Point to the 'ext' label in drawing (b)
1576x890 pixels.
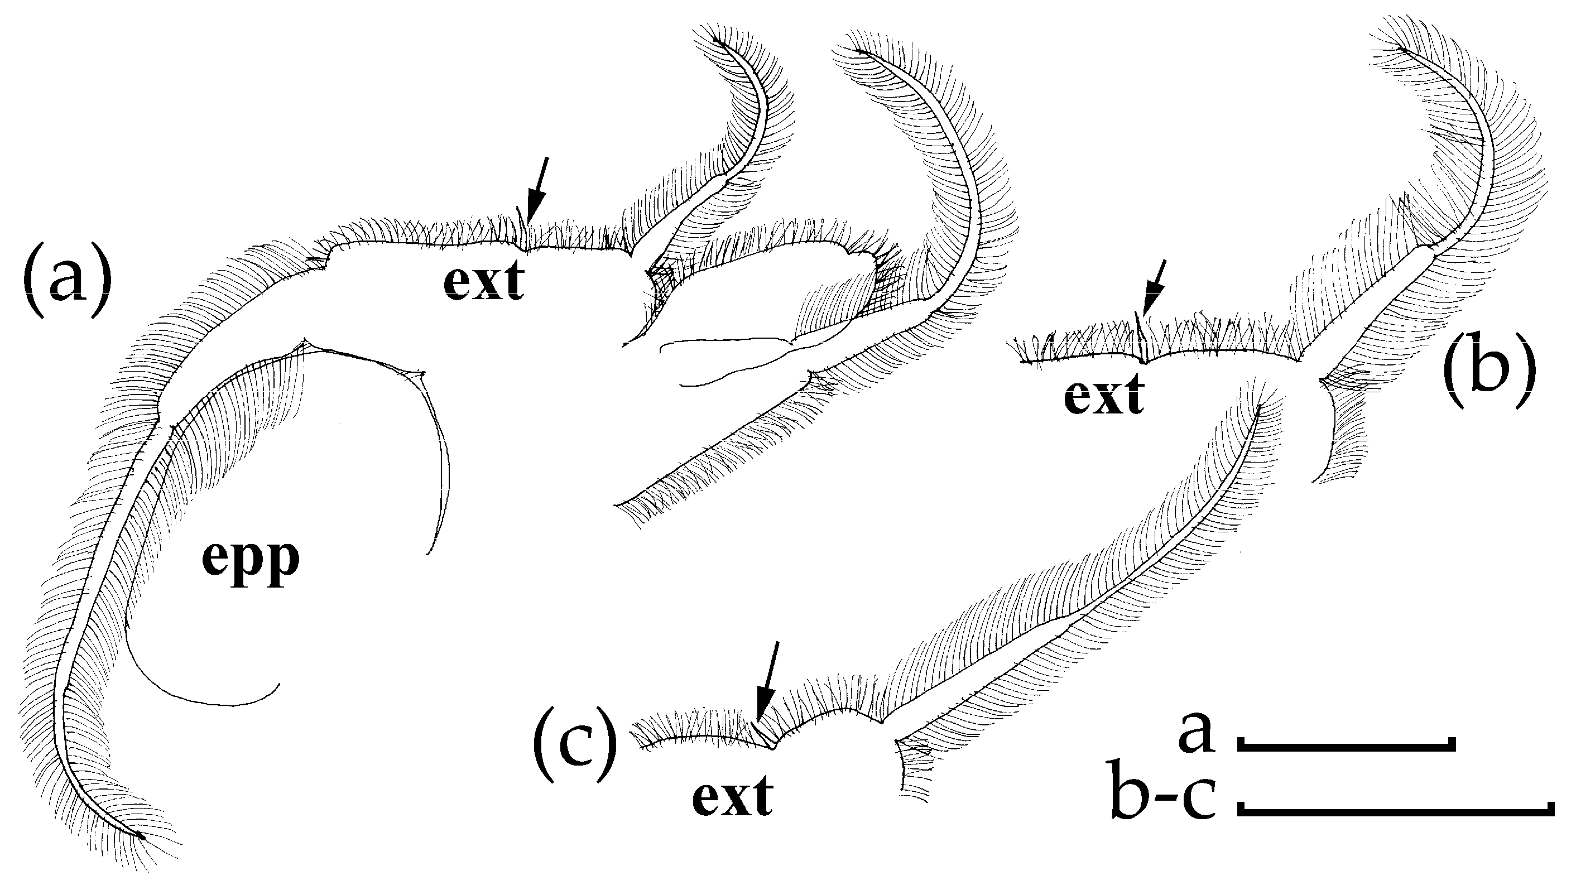(1104, 396)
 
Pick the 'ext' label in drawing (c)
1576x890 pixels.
(733, 798)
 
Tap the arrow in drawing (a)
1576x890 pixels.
(539, 190)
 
